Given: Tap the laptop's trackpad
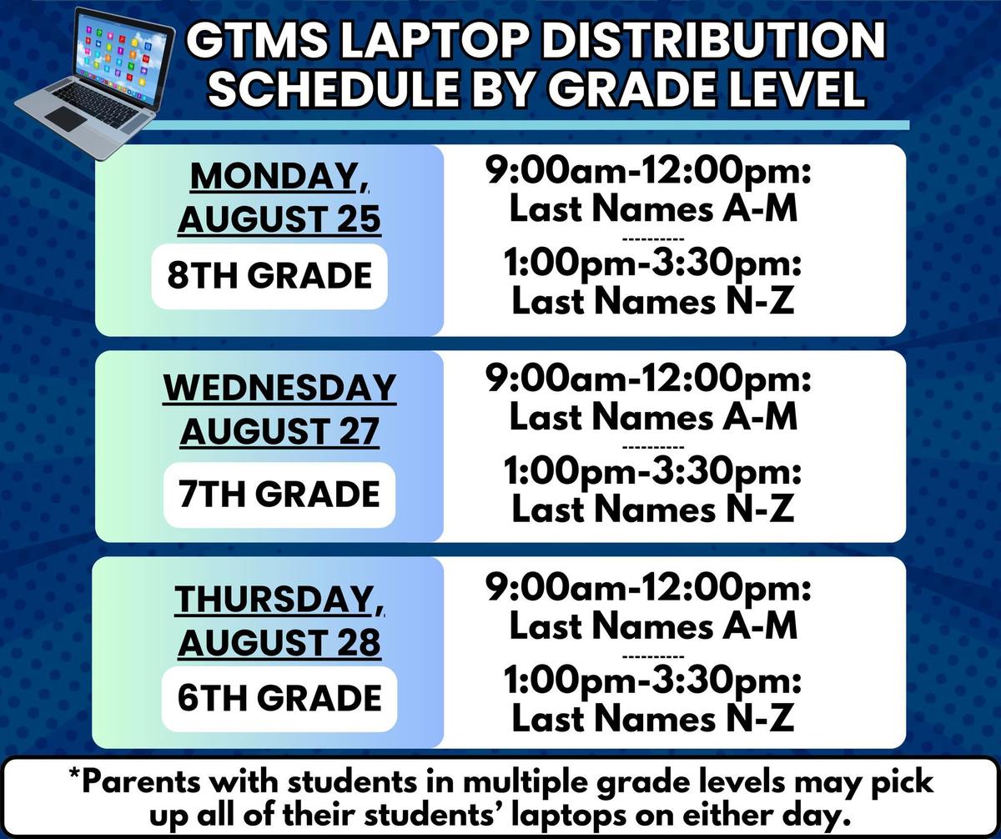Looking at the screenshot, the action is tap(68, 118).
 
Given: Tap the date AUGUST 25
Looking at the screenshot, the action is tap(279, 219).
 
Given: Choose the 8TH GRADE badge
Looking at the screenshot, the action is tap(269, 276).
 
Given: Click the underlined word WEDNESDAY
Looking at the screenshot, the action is tap(279, 388).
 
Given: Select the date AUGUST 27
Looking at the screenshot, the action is tap(279, 431).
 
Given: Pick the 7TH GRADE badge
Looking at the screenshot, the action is tap(279, 495).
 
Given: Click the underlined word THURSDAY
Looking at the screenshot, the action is tap(274, 600).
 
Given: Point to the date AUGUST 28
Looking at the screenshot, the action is tap(279, 643).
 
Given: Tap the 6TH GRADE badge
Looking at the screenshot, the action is tap(279, 699).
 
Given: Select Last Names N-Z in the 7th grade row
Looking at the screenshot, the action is tap(653, 509).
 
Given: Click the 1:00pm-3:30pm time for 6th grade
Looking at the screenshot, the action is tap(652, 681).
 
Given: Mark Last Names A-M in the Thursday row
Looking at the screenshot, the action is tap(653, 625).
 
